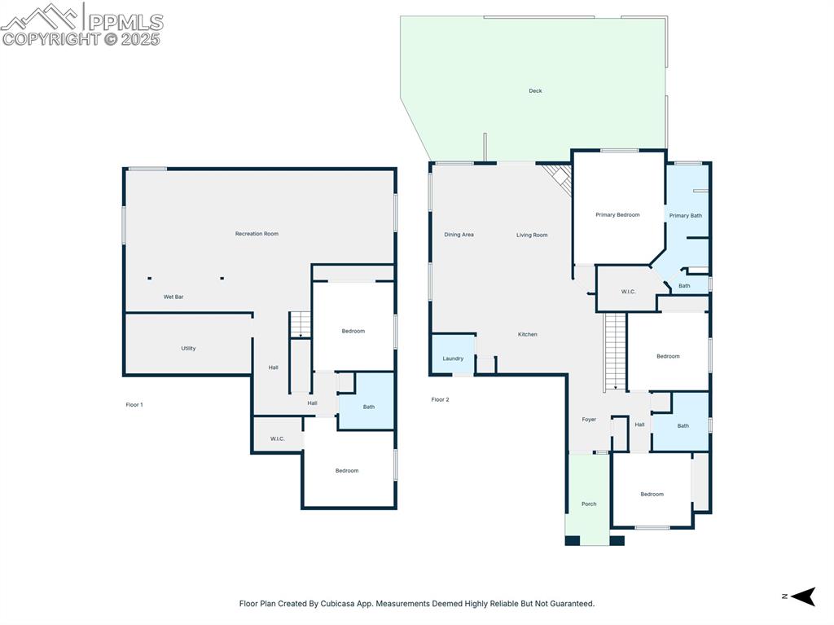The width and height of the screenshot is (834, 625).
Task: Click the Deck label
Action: tap(535, 91)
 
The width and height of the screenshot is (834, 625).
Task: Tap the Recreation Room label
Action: tap(257, 234)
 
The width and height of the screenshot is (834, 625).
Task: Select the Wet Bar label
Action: tap(173, 297)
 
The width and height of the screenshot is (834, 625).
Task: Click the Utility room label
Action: tap(188, 349)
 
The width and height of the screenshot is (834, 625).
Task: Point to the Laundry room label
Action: tap(453, 359)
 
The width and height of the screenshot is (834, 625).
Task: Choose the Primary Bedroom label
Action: tap(617, 215)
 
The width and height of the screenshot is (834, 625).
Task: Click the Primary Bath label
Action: tap(685, 216)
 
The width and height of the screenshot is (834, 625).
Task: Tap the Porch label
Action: tap(589, 504)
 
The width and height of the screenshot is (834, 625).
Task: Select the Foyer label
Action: tap(589, 420)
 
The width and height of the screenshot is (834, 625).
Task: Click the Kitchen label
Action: tap(528, 335)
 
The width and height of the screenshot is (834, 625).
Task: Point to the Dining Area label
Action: tap(459, 235)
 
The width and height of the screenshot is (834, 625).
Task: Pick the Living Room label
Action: tap(532, 235)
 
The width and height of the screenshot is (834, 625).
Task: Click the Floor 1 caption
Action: tap(134, 405)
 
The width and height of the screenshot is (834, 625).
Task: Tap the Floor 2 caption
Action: tap(440, 400)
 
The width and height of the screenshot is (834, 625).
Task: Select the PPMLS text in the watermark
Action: tap(125, 21)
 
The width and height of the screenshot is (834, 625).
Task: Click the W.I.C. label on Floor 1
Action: tap(277, 439)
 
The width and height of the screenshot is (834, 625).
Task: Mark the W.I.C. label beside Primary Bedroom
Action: tap(628, 292)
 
